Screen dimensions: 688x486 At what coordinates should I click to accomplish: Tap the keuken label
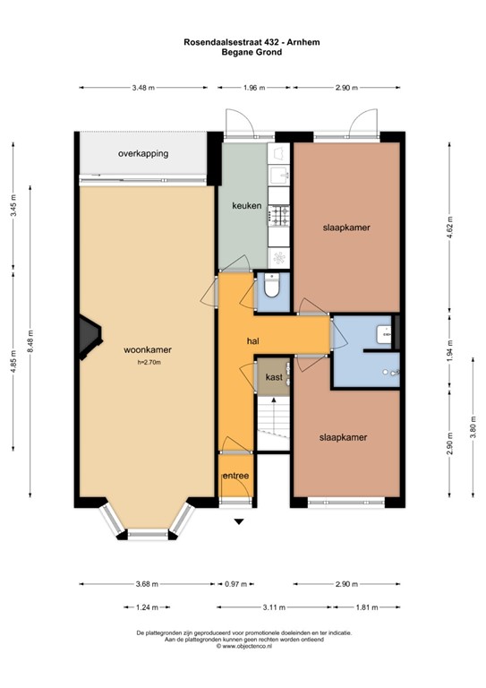[246, 206]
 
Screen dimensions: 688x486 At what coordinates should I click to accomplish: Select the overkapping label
[143, 154]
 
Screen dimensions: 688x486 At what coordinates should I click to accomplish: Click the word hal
[253, 341]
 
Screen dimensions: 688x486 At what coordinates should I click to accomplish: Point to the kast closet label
[274, 378]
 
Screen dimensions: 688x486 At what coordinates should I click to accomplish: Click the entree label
[236, 476]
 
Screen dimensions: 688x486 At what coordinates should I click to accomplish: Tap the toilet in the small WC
[274, 288]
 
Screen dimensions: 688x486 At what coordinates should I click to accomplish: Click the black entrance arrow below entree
[238, 520]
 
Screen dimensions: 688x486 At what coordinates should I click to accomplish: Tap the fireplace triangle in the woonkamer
[87, 334]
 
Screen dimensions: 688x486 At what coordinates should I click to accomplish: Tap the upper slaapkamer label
[346, 228]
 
